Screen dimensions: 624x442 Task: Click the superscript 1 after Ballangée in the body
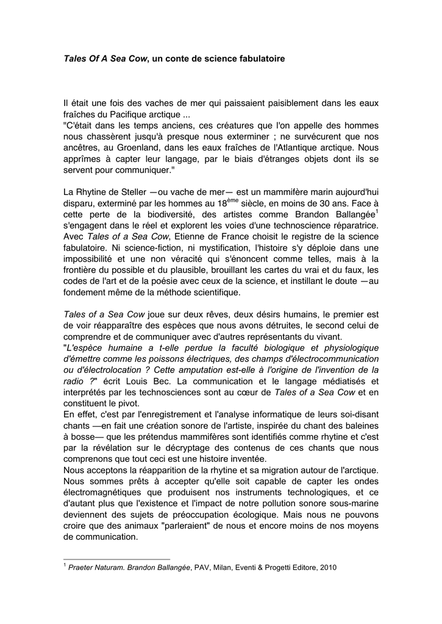pos(377,211)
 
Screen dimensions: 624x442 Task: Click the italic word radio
pos(73,381)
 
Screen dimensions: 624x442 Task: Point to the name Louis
pos(137,381)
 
